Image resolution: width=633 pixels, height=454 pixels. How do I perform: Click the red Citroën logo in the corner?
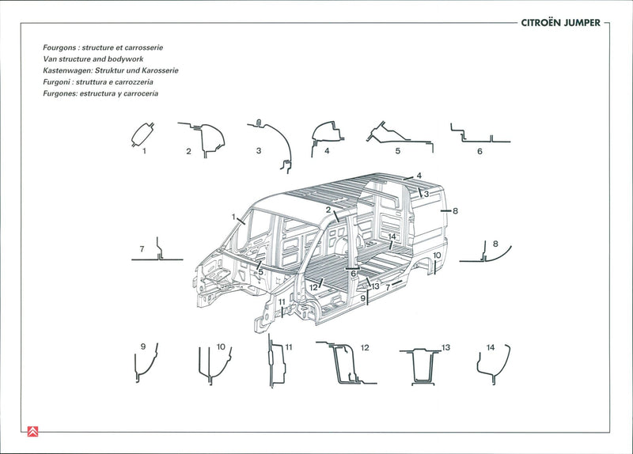coord(32,431)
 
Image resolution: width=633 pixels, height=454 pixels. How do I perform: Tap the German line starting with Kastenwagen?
coord(110,70)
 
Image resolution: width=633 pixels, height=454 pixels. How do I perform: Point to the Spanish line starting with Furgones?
coord(100,93)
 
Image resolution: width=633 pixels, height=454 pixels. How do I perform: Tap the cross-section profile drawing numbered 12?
coord(346,364)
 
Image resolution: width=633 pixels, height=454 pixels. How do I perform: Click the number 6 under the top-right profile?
coord(479,151)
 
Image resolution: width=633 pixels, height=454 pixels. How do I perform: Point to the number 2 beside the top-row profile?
coord(188,151)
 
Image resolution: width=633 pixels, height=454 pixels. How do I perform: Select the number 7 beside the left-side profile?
coord(142,249)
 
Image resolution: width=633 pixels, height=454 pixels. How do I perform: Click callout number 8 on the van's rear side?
coord(455,211)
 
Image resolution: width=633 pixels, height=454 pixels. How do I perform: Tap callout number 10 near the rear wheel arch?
coord(437,255)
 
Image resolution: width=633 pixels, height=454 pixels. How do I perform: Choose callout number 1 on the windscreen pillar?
coord(233,217)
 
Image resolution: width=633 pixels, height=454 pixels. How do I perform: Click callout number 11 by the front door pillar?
coord(282,302)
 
